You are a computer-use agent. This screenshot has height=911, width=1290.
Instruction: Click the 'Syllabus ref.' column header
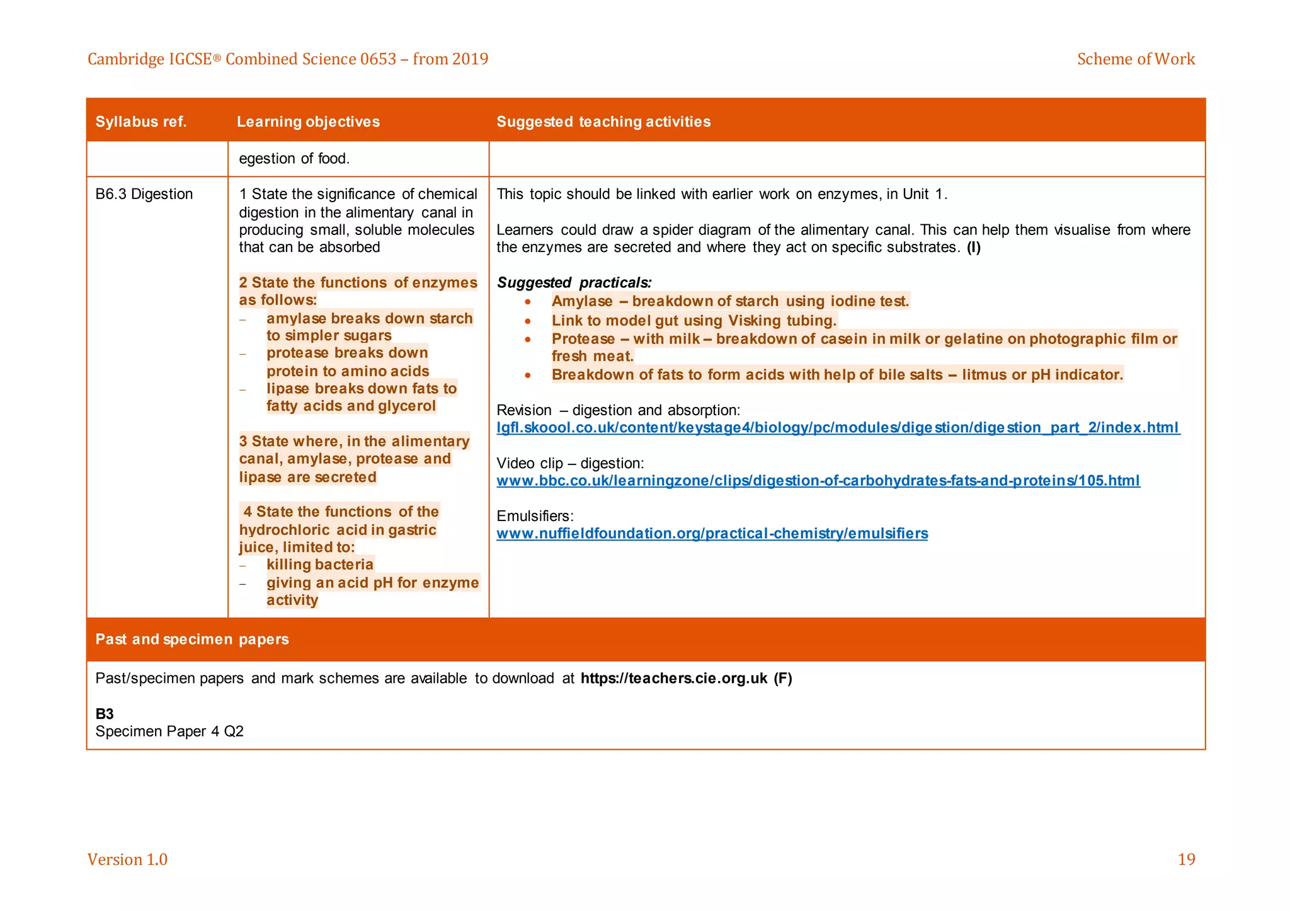[141, 122]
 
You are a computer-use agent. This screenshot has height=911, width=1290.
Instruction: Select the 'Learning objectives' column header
[308, 122]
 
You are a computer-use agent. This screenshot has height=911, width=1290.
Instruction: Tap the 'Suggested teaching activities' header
[603, 122]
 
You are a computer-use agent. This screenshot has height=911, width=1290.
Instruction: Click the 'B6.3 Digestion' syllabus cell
[144, 194]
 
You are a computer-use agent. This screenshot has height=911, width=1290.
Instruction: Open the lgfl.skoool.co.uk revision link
[838, 428]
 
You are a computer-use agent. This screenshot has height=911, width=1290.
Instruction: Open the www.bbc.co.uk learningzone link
[818, 481]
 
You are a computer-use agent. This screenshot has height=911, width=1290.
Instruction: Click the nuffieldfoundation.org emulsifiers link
[712, 534]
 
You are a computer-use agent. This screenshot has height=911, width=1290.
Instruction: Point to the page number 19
[1186, 859]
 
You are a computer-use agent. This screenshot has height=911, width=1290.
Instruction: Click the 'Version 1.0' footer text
[127, 859]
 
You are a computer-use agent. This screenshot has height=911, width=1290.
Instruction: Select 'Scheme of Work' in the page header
[1135, 59]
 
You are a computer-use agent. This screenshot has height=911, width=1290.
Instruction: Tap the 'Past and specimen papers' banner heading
[192, 639]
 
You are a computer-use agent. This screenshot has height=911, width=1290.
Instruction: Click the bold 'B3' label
[105, 714]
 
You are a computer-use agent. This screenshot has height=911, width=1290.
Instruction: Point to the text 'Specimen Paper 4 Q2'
[169, 731]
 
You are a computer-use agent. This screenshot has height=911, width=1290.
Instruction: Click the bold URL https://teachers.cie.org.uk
[673, 679]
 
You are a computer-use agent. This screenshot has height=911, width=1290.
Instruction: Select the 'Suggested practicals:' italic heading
[574, 282]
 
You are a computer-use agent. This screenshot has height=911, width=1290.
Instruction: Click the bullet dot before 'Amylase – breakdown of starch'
[528, 302]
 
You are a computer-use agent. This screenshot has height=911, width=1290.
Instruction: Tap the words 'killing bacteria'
[320, 564]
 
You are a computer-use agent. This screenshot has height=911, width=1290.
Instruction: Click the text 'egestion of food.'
[294, 159]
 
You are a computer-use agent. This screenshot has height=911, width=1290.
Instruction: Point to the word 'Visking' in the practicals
[754, 321]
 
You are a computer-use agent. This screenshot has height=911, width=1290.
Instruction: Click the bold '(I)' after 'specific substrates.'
[974, 248]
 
